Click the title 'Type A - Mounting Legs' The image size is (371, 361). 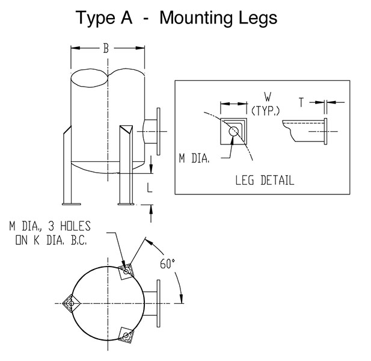point(176,17)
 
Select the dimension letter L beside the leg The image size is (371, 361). point(150,189)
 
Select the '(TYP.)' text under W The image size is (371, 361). point(265,111)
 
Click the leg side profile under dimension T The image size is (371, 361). point(307,131)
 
